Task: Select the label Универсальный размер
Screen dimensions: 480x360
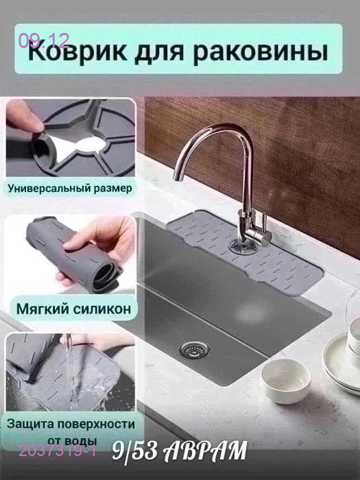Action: tap(71, 187)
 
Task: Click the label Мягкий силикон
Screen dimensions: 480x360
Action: tap(71, 309)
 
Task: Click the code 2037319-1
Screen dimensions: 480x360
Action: tap(58, 451)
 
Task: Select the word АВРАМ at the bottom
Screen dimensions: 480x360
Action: tap(206, 451)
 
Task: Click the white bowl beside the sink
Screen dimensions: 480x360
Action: tap(287, 380)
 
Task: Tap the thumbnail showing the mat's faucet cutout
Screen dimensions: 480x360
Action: tap(71, 137)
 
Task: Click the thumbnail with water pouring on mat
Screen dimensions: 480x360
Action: tap(71, 370)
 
